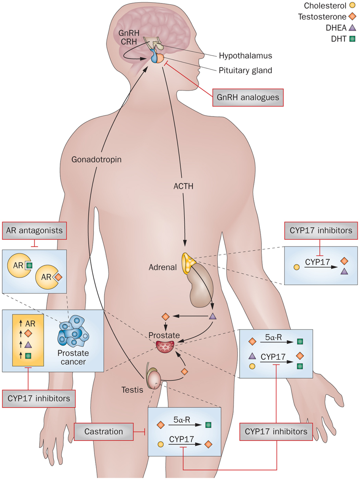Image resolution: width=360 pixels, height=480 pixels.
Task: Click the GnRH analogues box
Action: tap(248, 97)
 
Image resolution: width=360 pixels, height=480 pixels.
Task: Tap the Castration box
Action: tap(104, 432)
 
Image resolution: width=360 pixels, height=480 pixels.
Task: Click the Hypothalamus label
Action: tap(245, 56)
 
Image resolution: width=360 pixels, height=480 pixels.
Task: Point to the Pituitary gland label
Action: tap(245, 70)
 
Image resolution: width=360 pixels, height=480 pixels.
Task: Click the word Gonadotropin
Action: tap(97, 159)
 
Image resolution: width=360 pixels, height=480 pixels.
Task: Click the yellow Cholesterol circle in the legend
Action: tap(352, 6)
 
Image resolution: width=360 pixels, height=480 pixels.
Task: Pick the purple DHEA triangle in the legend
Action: tap(352, 28)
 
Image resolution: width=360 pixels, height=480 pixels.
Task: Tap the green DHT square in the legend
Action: tap(352, 39)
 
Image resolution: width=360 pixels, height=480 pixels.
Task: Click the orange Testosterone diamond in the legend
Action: tap(352, 17)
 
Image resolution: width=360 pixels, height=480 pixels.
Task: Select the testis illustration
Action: tap(155, 380)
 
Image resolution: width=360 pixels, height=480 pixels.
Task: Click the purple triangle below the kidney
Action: tap(213, 316)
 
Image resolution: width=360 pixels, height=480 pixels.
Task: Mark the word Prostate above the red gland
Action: tap(162, 336)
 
